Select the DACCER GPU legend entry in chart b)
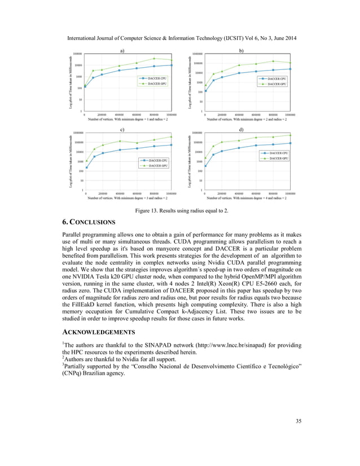coord(275,83)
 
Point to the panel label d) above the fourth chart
coord(242,131)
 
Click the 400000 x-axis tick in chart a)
coord(120,115)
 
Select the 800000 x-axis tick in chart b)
coord(273,115)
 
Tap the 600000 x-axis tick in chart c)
coord(137,194)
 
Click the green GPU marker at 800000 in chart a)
coord(155,58)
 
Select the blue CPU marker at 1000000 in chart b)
coord(290,69)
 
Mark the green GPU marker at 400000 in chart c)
coord(120,141)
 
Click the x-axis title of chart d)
coord(247,199)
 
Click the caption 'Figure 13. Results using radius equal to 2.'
coord(180,210)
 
